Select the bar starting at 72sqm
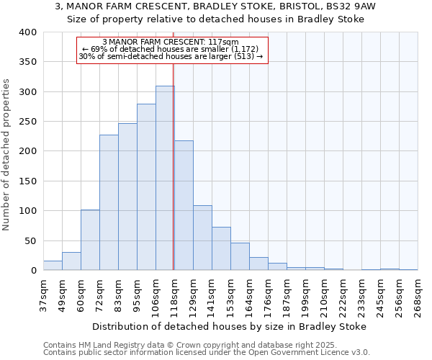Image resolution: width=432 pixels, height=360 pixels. [x=109, y=202]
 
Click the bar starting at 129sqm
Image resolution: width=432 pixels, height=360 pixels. [x=202, y=238]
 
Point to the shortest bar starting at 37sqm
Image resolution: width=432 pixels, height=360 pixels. [x=53, y=266]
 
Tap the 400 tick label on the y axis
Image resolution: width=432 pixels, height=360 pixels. [x=28, y=32]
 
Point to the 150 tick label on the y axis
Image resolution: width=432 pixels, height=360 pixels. [x=28, y=181]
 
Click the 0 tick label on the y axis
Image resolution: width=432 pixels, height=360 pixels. [x=33, y=271]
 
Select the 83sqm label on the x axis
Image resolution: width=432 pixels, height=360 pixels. [x=118, y=294]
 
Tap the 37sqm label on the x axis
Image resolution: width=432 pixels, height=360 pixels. [x=43, y=294]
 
